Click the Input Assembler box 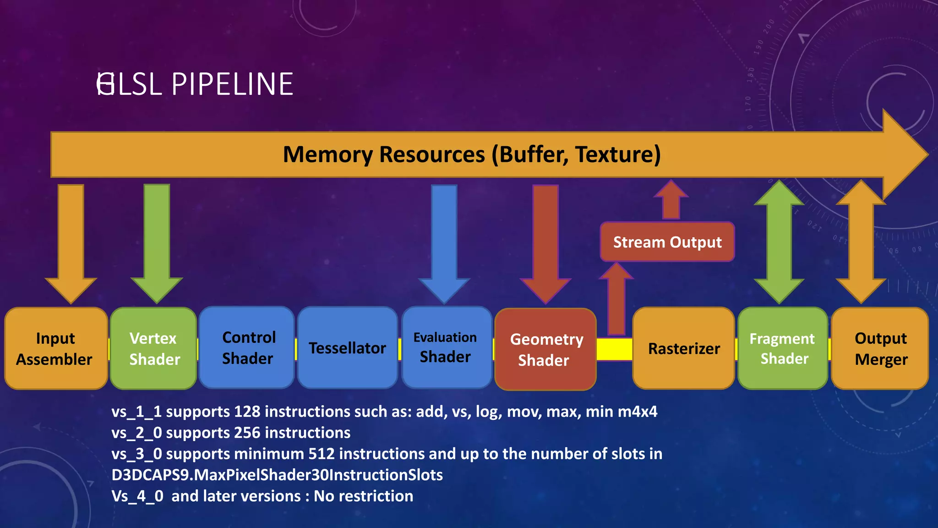tap(56, 348)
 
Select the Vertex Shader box tap(153, 348)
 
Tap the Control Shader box tap(247, 348)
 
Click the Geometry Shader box tap(545, 349)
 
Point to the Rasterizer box tap(683, 348)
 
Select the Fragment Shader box tap(783, 348)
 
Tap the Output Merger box tap(880, 348)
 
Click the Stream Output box tap(667, 242)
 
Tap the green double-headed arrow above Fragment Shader tap(779, 242)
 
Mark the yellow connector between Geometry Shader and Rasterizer tap(614, 349)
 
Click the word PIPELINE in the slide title tap(232, 84)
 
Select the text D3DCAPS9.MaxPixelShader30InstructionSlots tap(277, 475)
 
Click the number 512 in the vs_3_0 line tap(322, 454)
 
